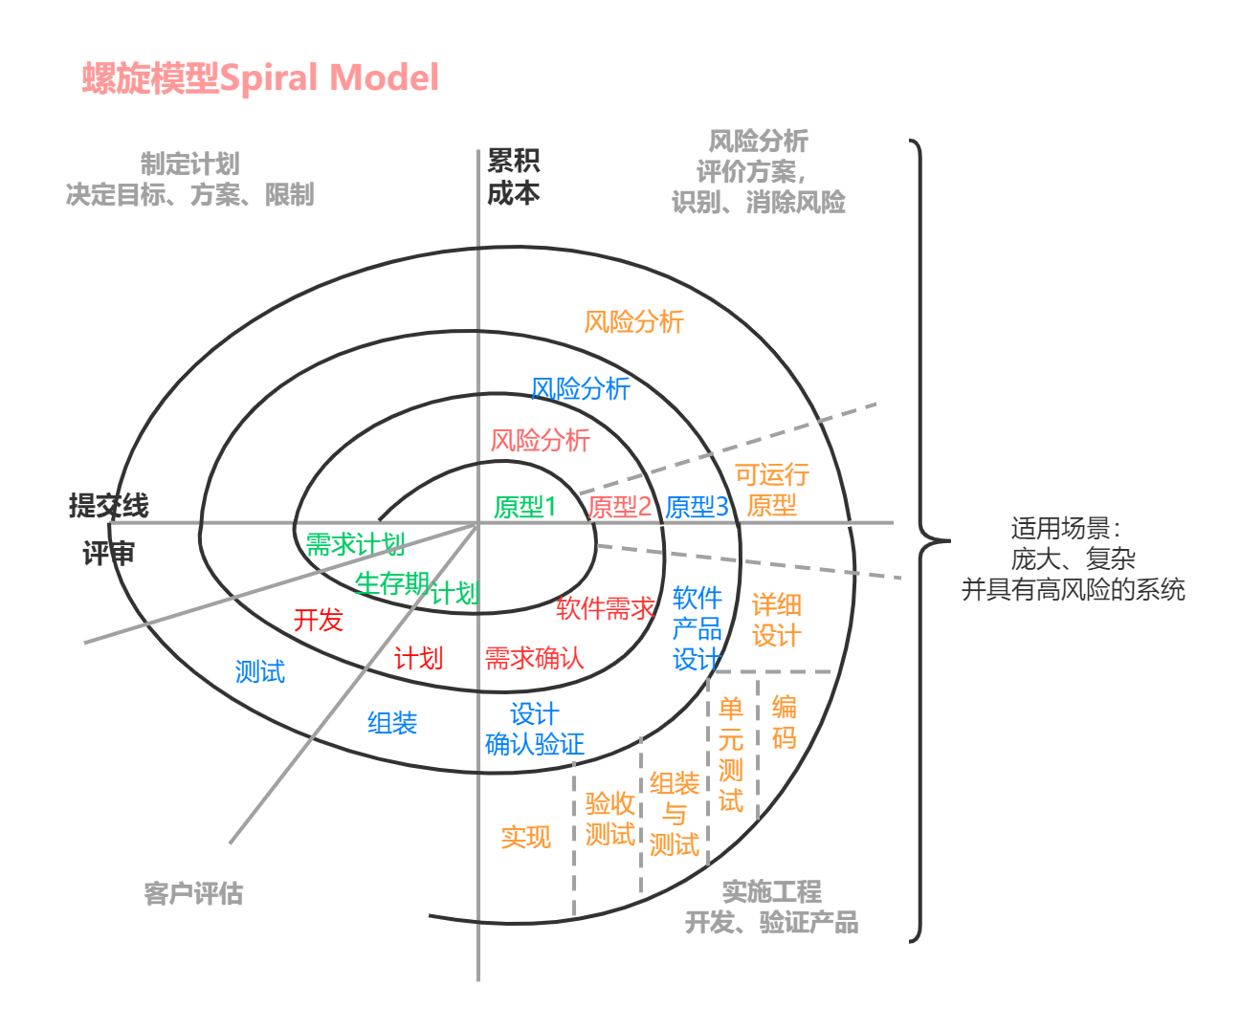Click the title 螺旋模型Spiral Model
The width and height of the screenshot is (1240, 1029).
(x=260, y=78)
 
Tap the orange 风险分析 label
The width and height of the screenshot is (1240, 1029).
(x=633, y=322)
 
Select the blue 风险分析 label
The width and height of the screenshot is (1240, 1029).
(x=580, y=389)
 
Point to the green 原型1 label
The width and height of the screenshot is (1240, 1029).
(x=524, y=507)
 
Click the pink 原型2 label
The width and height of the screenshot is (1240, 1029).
(x=620, y=507)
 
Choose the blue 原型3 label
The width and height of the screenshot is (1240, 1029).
(x=697, y=507)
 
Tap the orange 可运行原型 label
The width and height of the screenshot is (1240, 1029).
(x=771, y=490)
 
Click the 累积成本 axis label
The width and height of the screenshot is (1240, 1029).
(x=514, y=177)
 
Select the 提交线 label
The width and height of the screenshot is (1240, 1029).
(x=108, y=505)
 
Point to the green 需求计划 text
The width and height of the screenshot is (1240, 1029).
(x=355, y=545)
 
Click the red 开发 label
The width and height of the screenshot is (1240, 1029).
(x=318, y=621)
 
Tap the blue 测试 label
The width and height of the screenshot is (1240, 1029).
(x=259, y=672)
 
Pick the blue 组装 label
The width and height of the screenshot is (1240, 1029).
(x=392, y=723)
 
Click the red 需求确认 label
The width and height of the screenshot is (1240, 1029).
(x=534, y=659)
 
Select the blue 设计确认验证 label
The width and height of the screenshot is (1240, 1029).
(x=534, y=729)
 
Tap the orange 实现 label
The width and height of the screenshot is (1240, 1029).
(x=525, y=838)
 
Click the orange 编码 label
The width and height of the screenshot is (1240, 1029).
(x=784, y=722)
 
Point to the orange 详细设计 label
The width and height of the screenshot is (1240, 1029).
(x=776, y=620)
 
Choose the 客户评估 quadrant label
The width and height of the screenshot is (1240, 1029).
(x=193, y=894)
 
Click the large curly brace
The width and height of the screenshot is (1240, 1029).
(x=920, y=540)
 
